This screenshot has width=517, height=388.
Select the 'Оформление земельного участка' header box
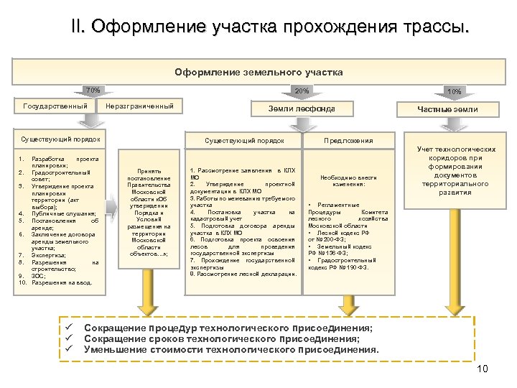pyautogui.click(x=258, y=72)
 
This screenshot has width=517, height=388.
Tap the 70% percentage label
pyautogui.click(x=93, y=91)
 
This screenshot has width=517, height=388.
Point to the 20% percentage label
pyautogui.click(x=302, y=91)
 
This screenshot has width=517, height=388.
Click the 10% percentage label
pyautogui.click(x=454, y=91)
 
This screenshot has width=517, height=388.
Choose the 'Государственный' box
pyautogui.click(x=55, y=106)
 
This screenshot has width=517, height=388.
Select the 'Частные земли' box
pyautogui.click(x=449, y=109)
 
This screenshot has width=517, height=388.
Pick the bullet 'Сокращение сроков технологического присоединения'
pyautogui.click(x=222, y=338)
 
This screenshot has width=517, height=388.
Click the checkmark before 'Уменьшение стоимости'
pyautogui.click(x=70, y=349)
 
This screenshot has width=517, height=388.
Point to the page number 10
pyautogui.click(x=482, y=369)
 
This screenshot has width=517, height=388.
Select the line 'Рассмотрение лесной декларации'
pyautogui.click(x=244, y=274)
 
